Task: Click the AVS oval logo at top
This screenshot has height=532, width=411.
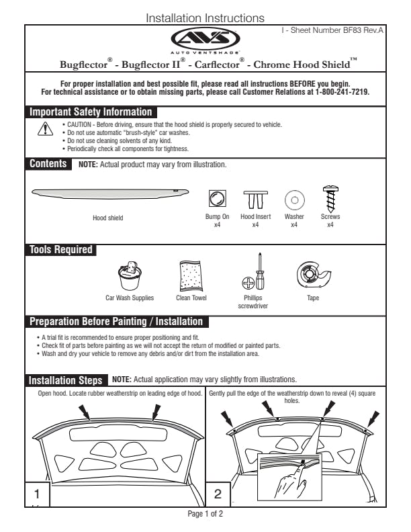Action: tap(205, 38)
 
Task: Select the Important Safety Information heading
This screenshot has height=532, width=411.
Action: tap(91, 112)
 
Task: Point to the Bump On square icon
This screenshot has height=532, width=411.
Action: tap(218, 198)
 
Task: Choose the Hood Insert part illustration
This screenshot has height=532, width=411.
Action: tap(255, 199)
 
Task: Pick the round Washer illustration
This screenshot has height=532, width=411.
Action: tap(294, 199)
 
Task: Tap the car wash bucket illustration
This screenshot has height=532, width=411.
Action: tap(130, 275)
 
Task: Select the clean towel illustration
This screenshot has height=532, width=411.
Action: tap(191, 275)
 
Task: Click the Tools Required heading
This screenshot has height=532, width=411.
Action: tap(60, 250)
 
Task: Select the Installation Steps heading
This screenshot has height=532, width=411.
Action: tap(66, 380)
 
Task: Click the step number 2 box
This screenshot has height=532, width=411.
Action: tap(218, 494)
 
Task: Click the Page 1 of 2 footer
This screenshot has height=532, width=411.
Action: tap(205, 514)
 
